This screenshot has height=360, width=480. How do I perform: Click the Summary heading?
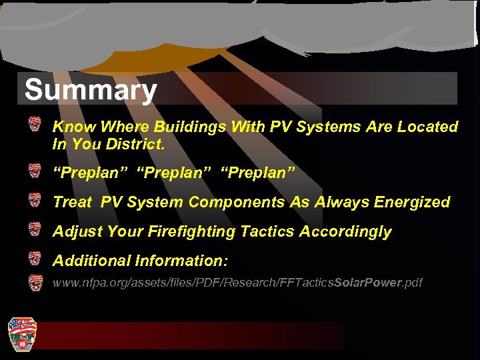[x=91, y=90]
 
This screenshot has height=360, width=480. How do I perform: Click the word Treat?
[x=73, y=202]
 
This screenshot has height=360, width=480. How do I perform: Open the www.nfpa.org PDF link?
[x=237, y=283]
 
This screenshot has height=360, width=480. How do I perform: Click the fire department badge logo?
[x=21, y=333]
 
